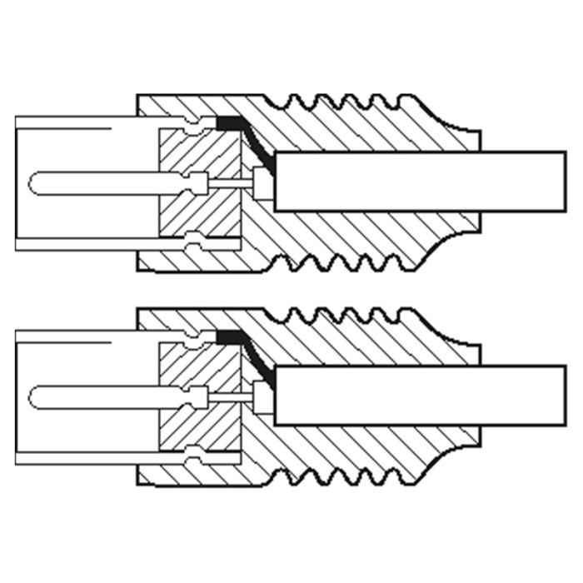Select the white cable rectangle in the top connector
(421, 181)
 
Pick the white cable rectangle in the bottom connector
(421, 394)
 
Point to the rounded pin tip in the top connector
(35, 182)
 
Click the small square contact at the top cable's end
(264, 182)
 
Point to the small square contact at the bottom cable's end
(264, 395)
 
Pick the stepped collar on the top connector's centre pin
(198, 182)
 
